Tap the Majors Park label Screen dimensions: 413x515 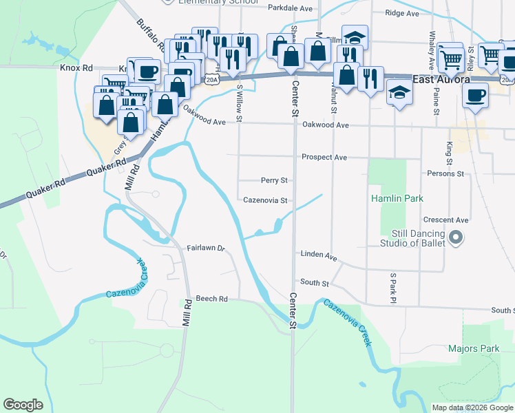click(474, 349)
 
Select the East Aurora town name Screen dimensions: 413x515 click(441, 79)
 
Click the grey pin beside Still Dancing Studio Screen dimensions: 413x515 click(455, 238)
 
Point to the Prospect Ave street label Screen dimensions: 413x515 click(324, 158)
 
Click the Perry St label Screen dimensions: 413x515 click(273, 180)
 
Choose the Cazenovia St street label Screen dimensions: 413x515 click(265, 201)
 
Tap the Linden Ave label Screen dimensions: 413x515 click(318, 255)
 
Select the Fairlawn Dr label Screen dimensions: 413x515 click(206, 248)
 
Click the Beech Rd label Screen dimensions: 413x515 click(211, 299)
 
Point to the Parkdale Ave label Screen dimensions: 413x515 click(290, 9)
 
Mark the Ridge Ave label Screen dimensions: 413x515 click(402, 13)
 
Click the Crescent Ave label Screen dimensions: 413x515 click(446, 220)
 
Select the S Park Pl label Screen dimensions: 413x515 click(393, 288)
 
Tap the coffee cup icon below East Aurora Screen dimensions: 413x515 click(474, 96)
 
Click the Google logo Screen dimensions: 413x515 click(23, 405)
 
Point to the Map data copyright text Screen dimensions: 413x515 click(472, 407)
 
